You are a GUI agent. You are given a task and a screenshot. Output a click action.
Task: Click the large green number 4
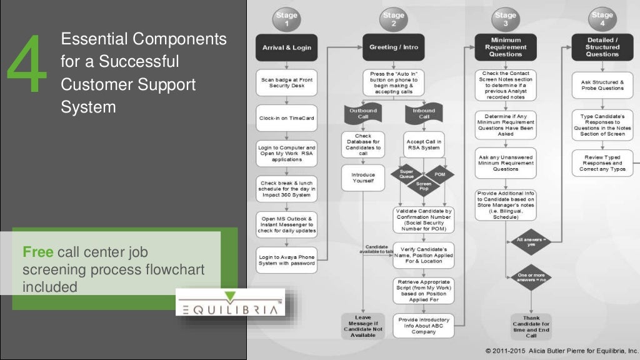pos(27,66)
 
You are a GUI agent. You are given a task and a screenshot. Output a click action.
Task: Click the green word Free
pos(38,252)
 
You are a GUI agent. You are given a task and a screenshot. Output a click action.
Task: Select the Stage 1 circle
pos(287,19)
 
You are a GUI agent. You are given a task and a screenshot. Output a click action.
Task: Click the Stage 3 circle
pos(505,19)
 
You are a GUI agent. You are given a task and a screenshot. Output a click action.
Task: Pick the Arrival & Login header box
pos(287,47)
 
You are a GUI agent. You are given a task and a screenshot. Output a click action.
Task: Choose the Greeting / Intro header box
pos(393,47)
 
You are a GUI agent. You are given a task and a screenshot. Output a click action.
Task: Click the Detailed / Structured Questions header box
pos(602,47)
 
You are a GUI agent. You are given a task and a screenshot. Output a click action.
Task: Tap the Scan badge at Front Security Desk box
pos(287,82)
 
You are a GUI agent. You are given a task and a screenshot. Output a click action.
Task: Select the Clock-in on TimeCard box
pos(287,117)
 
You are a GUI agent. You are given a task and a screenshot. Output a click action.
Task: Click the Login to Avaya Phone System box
pos(287,259)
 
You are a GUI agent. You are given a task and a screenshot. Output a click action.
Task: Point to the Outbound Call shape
pos(362,114)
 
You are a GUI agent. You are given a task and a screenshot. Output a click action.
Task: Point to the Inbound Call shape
pos(424,114)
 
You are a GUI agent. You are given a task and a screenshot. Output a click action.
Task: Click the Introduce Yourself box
pos(362,178)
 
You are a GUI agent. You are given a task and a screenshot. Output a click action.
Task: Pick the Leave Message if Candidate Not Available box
pos(362,326)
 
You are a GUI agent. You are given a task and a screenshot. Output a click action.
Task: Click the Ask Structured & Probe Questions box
pos(602,86)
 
